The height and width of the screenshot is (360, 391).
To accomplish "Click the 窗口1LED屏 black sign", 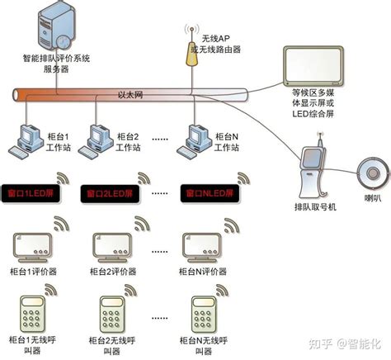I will click(31, 194).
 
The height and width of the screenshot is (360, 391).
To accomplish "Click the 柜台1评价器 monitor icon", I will click(34, 245).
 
